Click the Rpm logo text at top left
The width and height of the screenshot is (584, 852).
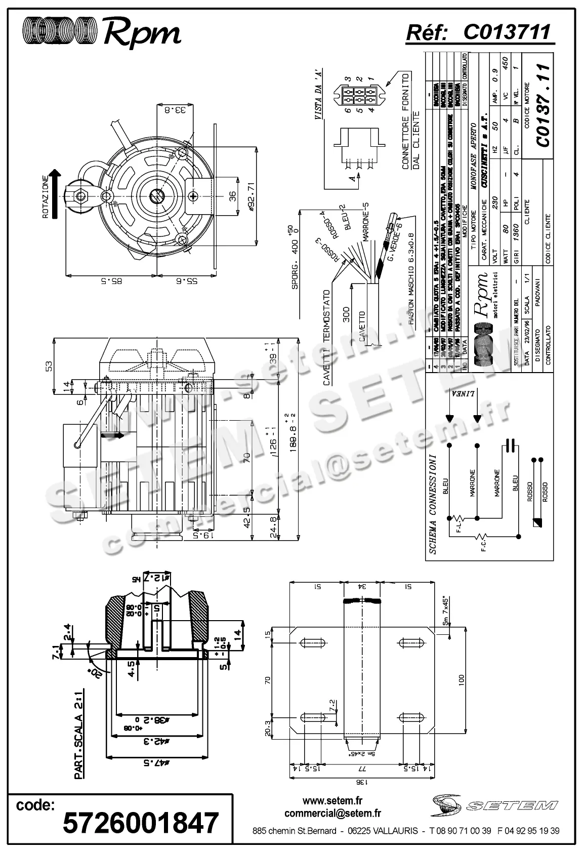tap(142, 33)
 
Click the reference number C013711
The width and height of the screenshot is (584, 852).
tap(506, 32)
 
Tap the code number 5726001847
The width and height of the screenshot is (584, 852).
tap(141, 823)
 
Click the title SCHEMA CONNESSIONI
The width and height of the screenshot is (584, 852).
tap(433, 504)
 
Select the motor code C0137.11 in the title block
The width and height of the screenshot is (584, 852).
tap(543, 105)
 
